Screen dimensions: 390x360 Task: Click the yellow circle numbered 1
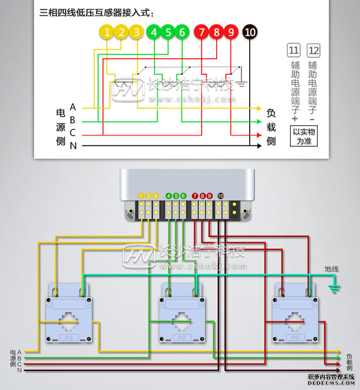point(107,32)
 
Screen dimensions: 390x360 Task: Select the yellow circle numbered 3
point(137,32)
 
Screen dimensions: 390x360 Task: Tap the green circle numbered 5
point(168,32)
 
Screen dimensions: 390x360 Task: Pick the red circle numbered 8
point(216,32)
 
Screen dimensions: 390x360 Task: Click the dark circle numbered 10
point(250,32)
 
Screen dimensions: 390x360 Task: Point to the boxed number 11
point(293,50)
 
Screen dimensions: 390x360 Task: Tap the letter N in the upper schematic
point(73,146)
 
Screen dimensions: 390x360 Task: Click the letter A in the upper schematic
point(73,106)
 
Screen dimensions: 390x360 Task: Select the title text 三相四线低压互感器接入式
point(100,13)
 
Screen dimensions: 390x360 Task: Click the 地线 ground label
point(332,269)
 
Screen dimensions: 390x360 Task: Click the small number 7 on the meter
point(195,196)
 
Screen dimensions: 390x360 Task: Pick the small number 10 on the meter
point(220,196)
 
